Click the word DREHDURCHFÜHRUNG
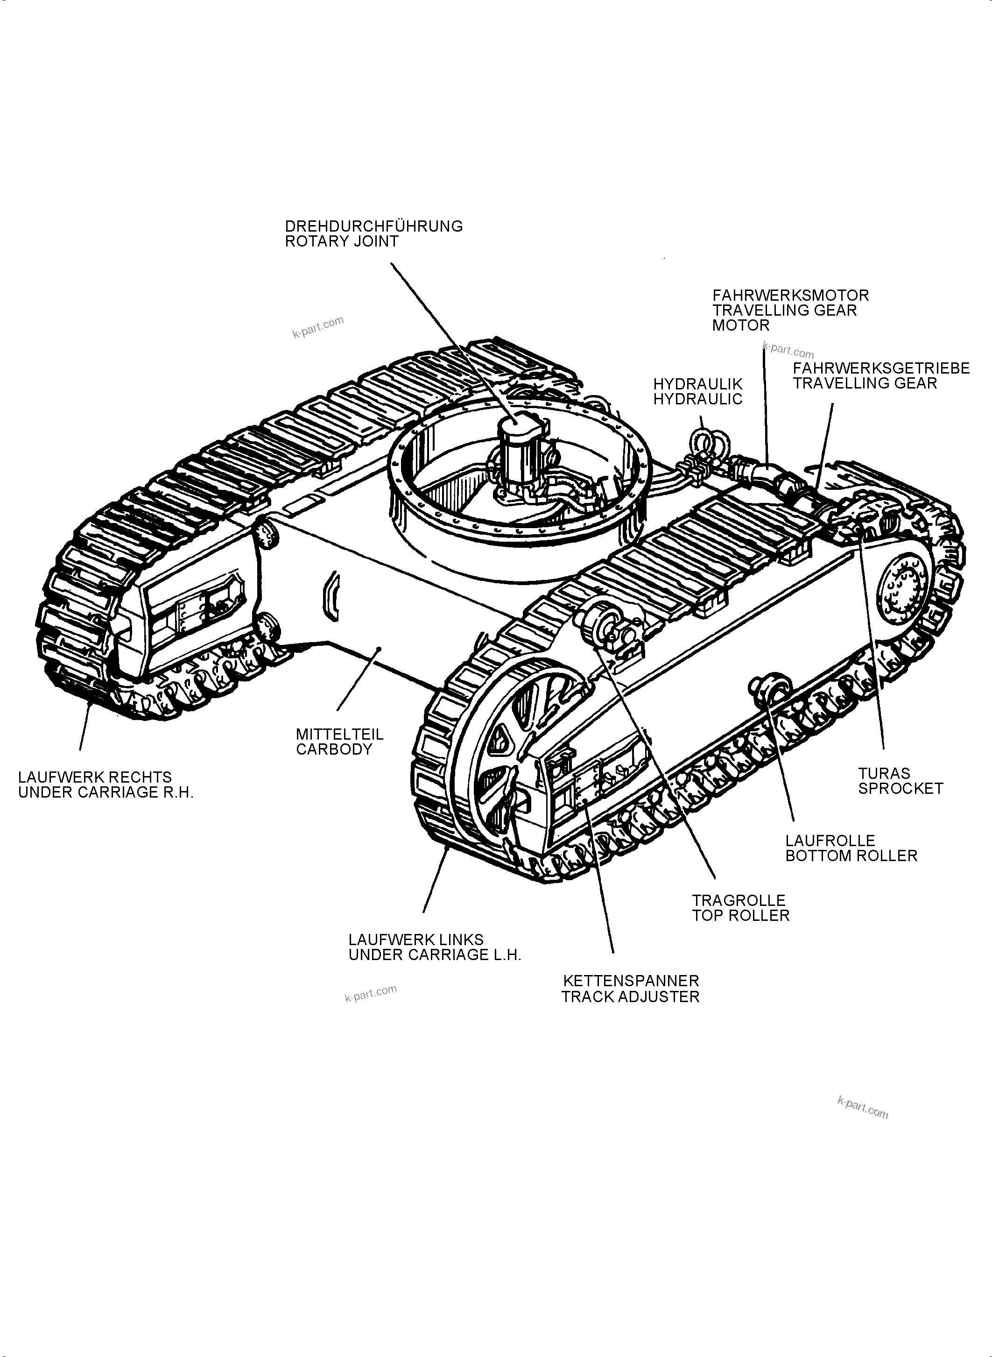point(373,226)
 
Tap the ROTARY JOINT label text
point(341,241)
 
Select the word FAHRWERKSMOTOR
point(790,296)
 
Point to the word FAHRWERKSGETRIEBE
point(881,368)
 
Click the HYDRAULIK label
point(698,384)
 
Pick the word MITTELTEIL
point(339,734)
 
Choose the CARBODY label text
point(334,749)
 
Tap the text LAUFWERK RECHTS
point(95,777)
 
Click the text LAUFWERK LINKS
point(415,940)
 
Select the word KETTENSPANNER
point(631,981)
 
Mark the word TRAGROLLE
point(738,900)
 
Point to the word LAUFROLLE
point(830,841)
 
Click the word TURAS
point(883,773)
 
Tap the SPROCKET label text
point(900,788)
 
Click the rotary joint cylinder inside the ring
point(521,445)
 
